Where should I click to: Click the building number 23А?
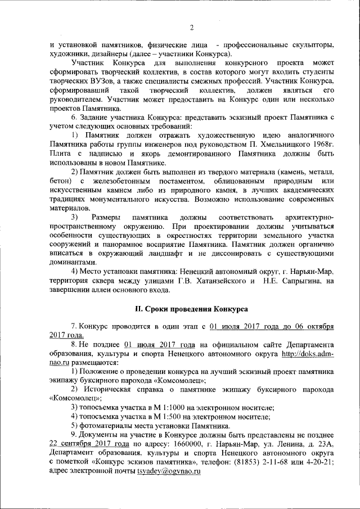pos(325,443)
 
